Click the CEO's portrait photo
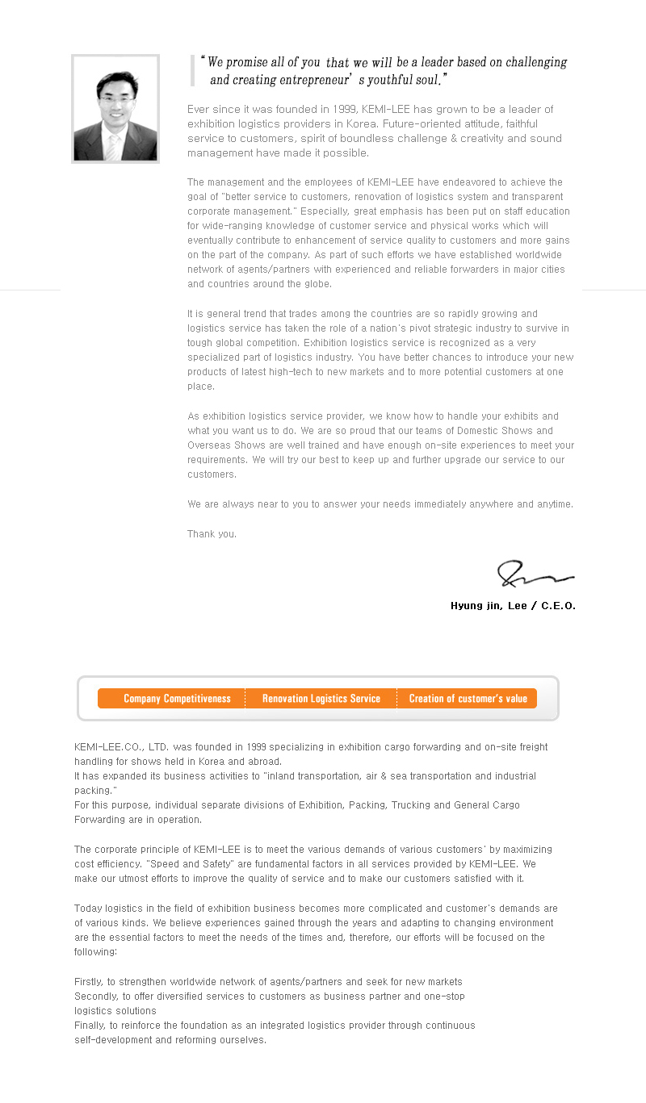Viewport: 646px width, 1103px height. (x=115, y=109)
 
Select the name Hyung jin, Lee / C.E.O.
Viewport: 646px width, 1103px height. (x=513, y=606)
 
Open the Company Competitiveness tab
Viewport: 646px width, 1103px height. (x=177, y=699)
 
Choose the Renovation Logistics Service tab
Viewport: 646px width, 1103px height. (x=321, y=699)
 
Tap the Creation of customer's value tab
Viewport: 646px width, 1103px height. (x=468, y=699)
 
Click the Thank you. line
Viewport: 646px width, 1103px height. (x=212, y=534)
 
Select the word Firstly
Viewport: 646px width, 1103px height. (x=87, y=982)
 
